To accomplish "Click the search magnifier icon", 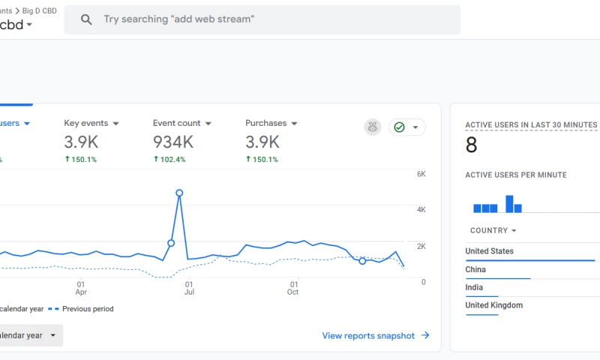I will click(x=86, y=19).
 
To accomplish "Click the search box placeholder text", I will click(x=178, y=19).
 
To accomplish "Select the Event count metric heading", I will click(x=177, y=123).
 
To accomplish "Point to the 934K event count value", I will click(x=173, y=142).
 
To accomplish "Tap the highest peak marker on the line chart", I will click(x=179, y=193).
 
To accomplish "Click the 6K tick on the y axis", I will click(x=421, y=174).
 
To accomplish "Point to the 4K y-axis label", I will click(x=421, y=210).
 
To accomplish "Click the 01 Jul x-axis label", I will click(x=189, y=288).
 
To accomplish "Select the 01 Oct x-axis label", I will click(x=293, y=288).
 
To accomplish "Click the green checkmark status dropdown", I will click(x=406, y=127).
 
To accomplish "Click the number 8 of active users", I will click(x=471, y=145).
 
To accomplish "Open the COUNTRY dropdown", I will click(x=493, y=231).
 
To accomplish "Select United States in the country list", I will click(x=489, y=251).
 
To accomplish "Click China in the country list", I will click(x=475, y=269).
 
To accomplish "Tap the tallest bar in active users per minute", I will click(x=509, y=204).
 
